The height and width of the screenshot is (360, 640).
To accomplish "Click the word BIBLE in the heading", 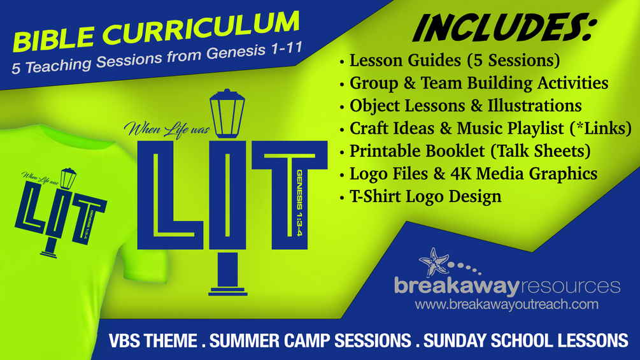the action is [x=53, y=38].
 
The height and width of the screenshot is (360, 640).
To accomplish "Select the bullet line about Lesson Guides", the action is [x=450, y=61].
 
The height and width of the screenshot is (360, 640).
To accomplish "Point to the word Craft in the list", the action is [x=370, y=128].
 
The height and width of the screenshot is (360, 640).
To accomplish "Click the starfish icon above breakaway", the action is [x=434, y=262].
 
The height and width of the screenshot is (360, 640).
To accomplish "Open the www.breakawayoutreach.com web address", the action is [x=506, y=305].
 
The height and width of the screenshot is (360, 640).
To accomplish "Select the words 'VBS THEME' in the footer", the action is [x=153, y=340].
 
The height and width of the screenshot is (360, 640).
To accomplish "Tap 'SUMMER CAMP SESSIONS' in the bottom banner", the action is [x=310, y=340].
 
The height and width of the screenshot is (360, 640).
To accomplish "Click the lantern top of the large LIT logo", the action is [x=227, y=113].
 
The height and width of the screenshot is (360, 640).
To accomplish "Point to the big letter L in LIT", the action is [x=171, y=195].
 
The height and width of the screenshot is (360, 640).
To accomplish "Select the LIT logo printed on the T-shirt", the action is [x=61, y=213].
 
